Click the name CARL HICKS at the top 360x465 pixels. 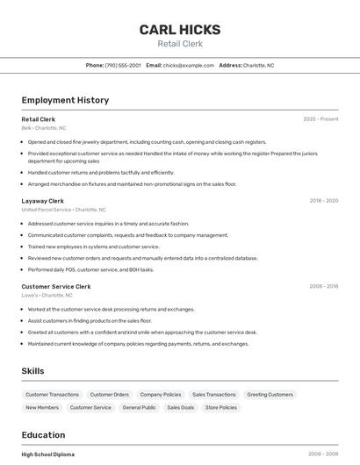tap(180, 30)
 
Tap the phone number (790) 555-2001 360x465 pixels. tap(123, 65)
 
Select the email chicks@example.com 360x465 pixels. tap(189, 65)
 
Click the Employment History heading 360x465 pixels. tap(65, 100)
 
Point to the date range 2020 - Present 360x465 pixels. tap(320, 119)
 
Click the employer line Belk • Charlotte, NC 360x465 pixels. tap(44, 128)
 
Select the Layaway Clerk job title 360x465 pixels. tap(42, 201)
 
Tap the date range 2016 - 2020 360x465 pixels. tap(323, 201)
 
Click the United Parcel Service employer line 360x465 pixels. tap(63, 210)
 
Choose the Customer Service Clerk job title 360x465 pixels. tap(56, 286)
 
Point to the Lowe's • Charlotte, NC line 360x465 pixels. tap(47, 296)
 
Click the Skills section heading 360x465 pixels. tap(32, 371)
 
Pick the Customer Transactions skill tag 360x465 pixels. tap(53, 395)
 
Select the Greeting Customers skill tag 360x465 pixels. tap(270, 395)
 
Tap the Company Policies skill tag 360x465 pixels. tap(161, 395)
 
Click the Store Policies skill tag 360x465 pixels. tap(221, 408)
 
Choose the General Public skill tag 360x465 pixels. tap(139, 408)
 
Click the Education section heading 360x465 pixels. tap(43, 435)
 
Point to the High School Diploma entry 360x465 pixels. tap(48, 454)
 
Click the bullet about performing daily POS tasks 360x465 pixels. tap(90, 269)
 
